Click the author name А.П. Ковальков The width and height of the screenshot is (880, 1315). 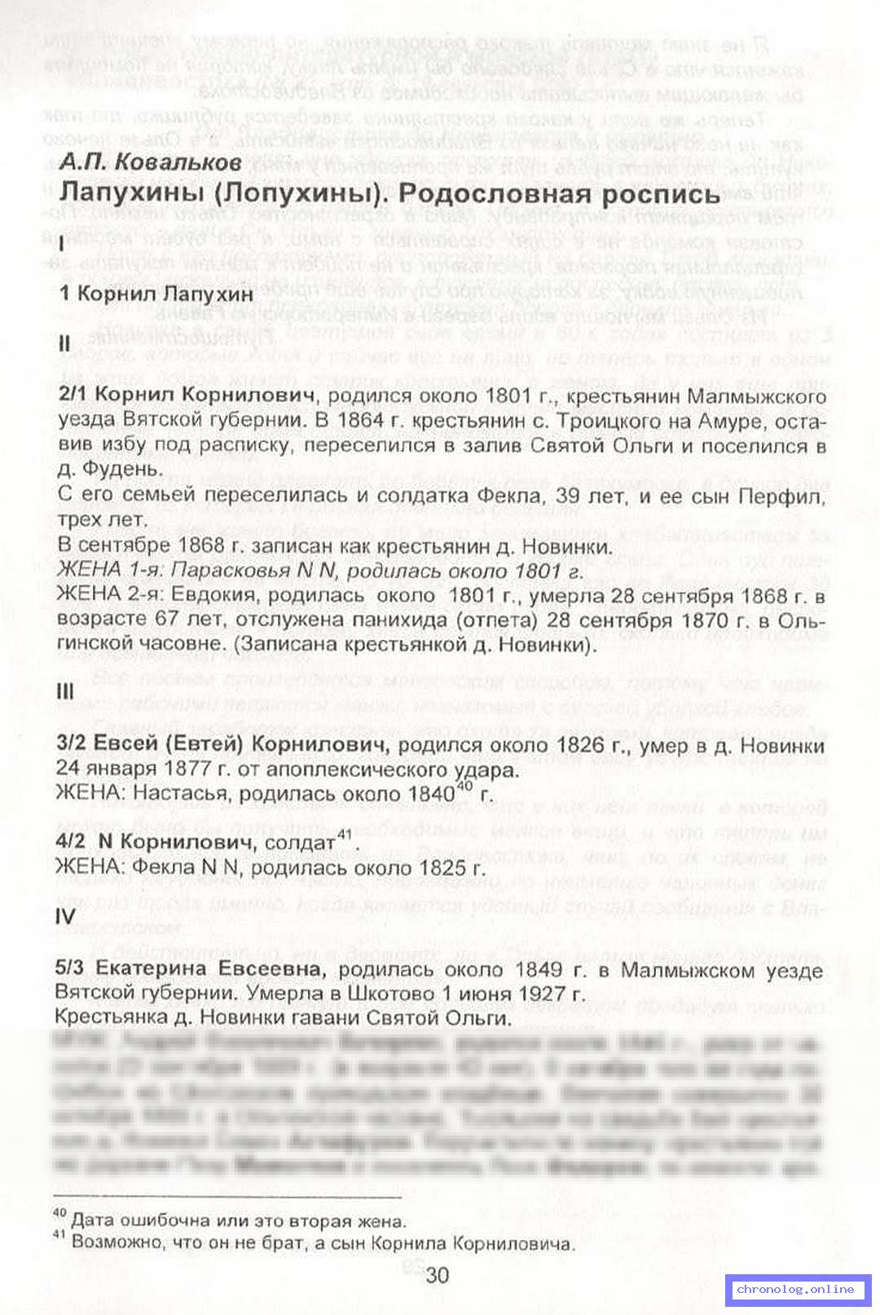coord(151,162)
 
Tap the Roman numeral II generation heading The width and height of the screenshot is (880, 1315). coord(66,343)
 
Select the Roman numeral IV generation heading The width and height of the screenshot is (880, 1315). coord(65,916)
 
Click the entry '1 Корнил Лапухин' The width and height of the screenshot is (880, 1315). coord(156,293)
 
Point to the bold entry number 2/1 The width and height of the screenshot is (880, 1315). coord(75,396)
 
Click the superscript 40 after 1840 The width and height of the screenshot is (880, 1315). coord(464,786)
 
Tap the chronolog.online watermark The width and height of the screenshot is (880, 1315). coord(795,1289)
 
